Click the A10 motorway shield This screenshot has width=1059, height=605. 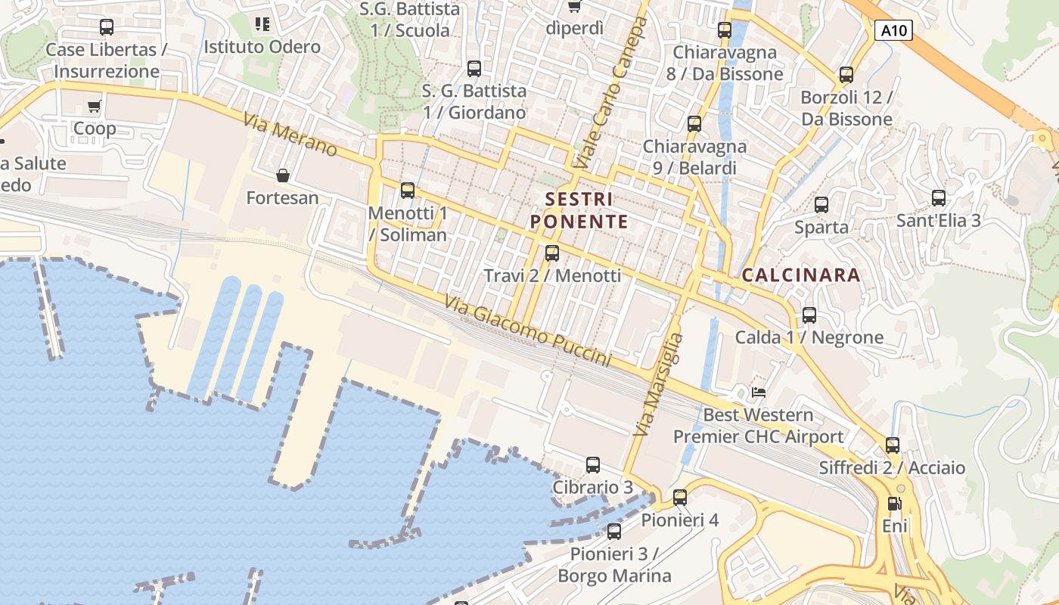tap(894, 31)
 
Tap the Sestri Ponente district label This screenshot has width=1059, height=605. tap(579, 210)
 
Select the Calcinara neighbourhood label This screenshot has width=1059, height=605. tap(801, 275)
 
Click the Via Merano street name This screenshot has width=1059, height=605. tap(290, 135)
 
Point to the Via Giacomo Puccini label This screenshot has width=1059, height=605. tap(527, 330)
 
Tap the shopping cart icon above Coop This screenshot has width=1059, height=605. tap(95, 106)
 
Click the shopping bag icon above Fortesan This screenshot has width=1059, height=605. tap(283, 176)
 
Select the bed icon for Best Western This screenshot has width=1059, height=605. tap(758, 392)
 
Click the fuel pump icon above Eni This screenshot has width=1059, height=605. tap(894, 503)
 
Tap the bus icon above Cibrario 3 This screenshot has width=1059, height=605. tap(593, 465)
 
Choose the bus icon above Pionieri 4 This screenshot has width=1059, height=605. tap(680, 497)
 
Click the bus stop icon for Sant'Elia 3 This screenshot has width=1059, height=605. tap(939, 198)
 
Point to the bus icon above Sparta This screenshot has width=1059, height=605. tap(821, 205)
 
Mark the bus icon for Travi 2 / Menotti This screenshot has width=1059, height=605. tap(552, 253)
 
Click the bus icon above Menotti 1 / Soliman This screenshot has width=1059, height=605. tap(408, 191)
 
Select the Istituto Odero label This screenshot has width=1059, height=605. tap(262, 47)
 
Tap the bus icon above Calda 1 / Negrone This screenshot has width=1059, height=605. tap(809, 315)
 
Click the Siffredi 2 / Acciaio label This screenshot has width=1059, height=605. tap(892, 468)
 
